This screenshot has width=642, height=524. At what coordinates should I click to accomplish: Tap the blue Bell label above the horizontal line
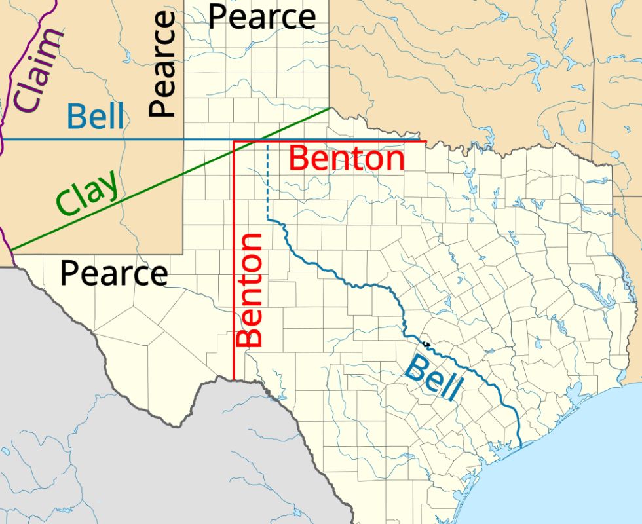pyautogui.click(x=96, y=117)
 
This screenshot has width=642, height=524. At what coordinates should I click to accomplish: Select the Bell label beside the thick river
pyautogui.click(x=432, y=376)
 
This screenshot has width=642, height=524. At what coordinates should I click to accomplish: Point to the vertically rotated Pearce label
pyautogui.click(x=162, y=64)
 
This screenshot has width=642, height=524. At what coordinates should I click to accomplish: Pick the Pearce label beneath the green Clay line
pyautogui.click(x=114, y=273)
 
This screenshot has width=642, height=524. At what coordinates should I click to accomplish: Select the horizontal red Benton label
pyautogui.click(x=347, y=159)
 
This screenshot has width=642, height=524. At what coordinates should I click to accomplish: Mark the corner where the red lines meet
pyautogui.click(x=234, y=141)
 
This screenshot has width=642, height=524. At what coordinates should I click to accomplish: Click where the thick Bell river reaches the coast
pyautogui.click(x=518, y=448)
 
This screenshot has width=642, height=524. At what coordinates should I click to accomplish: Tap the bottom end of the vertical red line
pyautogui.click(x=234, y=378)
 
